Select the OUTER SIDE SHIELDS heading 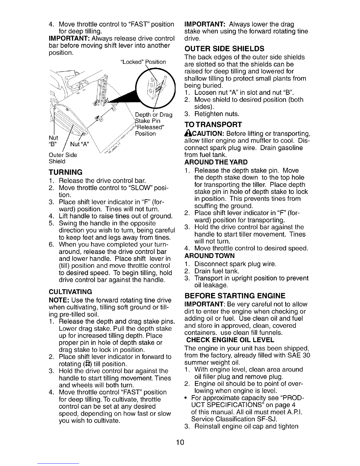point(224,48)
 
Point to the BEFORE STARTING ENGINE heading point(234,296)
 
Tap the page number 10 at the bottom point(180,443)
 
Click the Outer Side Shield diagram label point(63,158)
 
